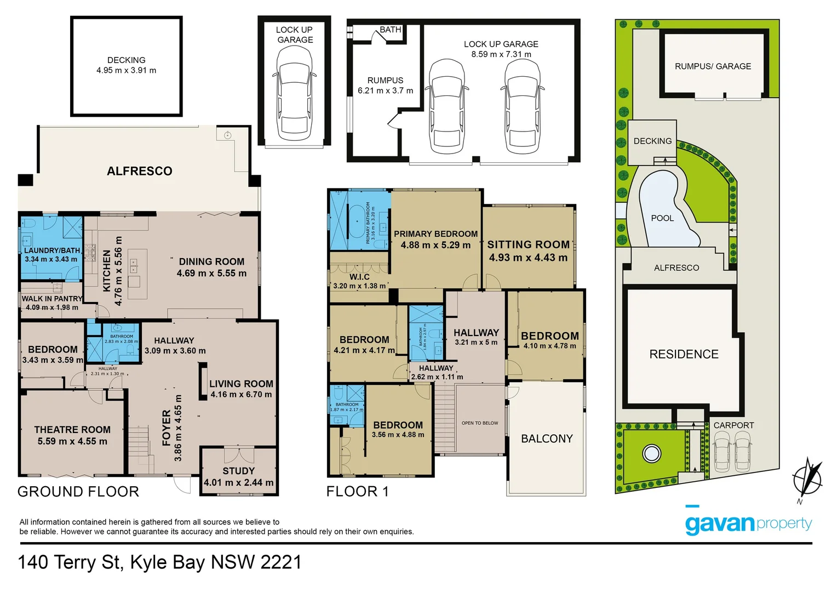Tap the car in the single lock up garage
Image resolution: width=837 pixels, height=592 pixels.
tap(295, 93)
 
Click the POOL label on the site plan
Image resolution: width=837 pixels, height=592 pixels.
tap(662, 218)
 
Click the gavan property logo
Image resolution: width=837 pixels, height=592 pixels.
tap(748, 524)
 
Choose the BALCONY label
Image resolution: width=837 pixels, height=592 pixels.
tap(547, 439)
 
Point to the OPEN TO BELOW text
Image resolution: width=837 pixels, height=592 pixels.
tap(480, 423)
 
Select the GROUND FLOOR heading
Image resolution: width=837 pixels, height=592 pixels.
tap(78, 492)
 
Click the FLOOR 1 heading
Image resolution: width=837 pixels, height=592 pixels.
tap(357, 492)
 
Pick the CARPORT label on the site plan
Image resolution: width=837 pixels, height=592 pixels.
tap(733, 425)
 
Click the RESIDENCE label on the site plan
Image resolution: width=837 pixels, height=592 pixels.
tap(684, 354)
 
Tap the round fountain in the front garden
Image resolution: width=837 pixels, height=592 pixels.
tap(651, 454)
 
